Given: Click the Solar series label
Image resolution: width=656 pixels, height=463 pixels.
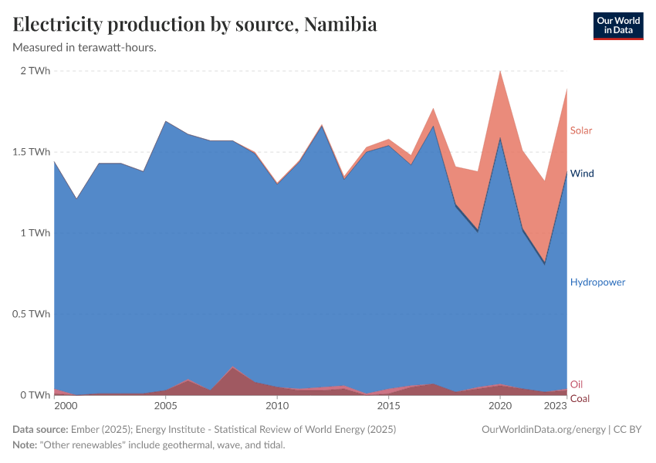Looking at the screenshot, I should click(581, 130).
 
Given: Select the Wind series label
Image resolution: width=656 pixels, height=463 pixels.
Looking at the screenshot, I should click(582, 174).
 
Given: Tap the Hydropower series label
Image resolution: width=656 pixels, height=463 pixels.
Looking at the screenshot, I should click(597, 282).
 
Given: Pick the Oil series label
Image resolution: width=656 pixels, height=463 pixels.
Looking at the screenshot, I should click(577, 384).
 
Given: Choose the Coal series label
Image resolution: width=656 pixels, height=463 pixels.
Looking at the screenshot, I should click(580, 398).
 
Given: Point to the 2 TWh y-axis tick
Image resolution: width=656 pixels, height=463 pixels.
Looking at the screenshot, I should click(34, 71).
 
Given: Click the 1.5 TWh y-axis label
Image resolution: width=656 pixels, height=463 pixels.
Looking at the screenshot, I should click(31, 152).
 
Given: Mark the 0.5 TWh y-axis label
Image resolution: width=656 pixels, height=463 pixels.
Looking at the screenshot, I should click(31, 314).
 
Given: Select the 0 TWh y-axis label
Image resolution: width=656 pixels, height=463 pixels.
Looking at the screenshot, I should click(34, 395).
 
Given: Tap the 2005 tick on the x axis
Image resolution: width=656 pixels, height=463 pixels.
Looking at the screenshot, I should click(165, 405).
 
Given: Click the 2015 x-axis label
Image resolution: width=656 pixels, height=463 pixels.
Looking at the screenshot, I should click(389, 405).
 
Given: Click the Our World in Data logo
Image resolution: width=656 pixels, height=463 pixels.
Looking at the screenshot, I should click(618, 25).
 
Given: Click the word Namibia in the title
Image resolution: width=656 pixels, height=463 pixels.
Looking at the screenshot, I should click(340, 25).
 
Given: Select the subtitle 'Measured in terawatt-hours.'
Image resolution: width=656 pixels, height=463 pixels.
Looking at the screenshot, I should click(85, 47).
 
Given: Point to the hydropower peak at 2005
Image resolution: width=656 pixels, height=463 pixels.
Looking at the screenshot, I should click(165, 122).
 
